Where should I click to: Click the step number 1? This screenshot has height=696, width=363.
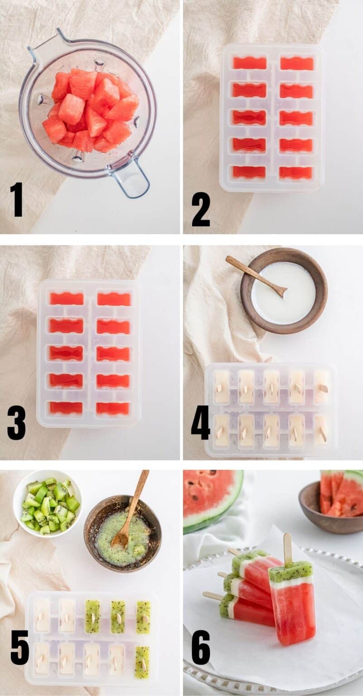click(x=16, y=199)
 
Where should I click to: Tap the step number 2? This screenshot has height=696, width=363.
click(x=200, y=209)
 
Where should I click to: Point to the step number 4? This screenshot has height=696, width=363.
click(x=200, y=423)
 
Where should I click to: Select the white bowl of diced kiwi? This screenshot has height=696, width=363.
click(x=48, y=503)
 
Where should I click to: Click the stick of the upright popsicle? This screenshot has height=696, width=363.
click(x=287, y=548)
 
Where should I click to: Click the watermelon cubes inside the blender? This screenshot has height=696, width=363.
click(x=91, y=111)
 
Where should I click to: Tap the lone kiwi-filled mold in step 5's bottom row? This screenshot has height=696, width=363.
click(x=142, y=662)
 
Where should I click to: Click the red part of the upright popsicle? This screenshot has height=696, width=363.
click(x=295, y=612)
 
